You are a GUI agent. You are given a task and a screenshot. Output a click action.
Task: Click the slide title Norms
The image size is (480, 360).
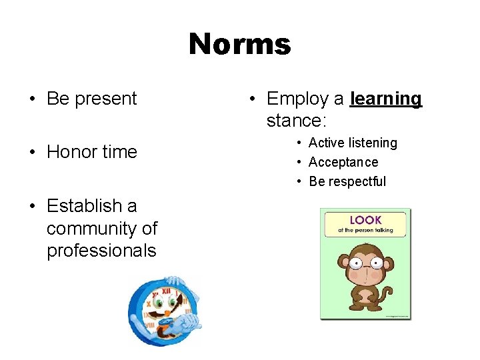pos(239,45)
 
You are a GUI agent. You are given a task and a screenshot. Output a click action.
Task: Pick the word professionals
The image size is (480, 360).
pos(101,251)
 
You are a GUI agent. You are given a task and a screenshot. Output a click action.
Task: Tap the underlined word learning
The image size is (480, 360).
pos(386,99)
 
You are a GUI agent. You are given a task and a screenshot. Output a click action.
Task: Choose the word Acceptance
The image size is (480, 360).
pos(343,162)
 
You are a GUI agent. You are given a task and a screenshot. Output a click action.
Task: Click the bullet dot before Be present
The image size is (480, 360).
pos(32,99)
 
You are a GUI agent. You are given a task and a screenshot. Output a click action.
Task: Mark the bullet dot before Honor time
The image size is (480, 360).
pos(32,153)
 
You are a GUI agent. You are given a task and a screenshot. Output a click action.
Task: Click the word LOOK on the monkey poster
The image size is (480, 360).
pos(365,219)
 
